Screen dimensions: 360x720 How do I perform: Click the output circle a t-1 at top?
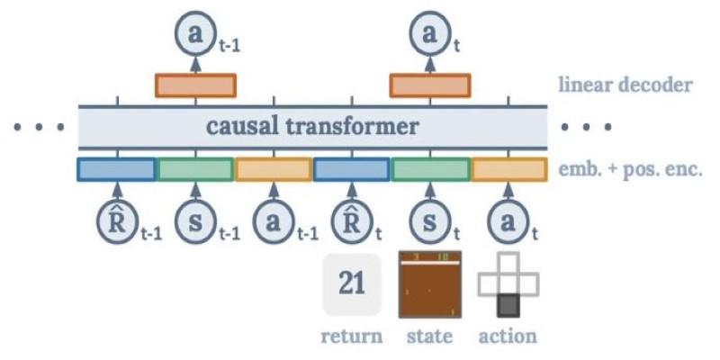(193, 36)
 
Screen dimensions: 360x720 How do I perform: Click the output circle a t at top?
(428, 35)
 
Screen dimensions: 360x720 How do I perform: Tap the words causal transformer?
(312, 126)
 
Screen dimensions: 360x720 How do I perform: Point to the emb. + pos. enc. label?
(630, 168)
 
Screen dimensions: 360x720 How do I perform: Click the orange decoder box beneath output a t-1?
(195, 85)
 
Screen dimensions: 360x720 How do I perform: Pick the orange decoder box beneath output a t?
(428, 85)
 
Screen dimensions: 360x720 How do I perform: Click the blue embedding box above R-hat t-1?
(117, 168)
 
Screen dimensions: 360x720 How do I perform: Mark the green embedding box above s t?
(430, 168)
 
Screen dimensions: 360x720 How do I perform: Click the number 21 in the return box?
(352, 284)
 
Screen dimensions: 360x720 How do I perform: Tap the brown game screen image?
(430, 284)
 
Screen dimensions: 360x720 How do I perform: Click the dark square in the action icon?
(508, 305)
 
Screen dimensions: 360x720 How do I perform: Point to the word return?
(352, 337)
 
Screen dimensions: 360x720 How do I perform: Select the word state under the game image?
(430, 337)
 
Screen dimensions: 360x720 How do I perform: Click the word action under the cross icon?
(508, 337)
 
